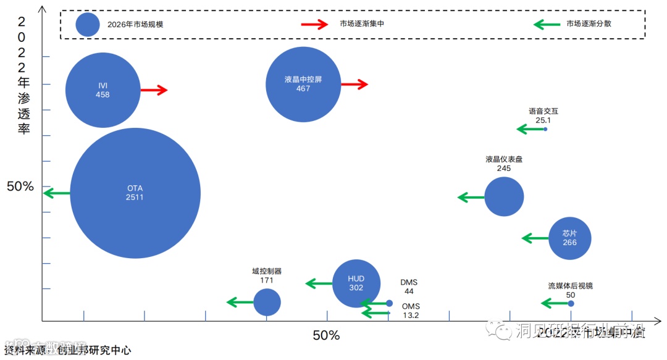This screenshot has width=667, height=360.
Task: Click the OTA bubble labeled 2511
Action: tap(135, 193)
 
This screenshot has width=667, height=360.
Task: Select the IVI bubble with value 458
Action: tap(103, 90)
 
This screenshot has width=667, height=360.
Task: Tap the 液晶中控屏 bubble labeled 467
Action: tap(303, 84)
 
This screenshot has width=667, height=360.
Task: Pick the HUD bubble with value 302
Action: tap(356, 283)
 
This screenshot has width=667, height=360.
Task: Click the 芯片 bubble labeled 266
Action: tap(569, 238)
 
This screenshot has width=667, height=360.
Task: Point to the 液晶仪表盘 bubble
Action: tap(504, 197)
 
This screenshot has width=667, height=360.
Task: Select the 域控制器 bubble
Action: tap(267, 302)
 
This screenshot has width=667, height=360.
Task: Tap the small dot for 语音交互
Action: tap(545, 128)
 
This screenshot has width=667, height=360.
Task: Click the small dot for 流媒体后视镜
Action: tap(571, 303)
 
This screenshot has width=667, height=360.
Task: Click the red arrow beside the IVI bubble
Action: tap(154, 90)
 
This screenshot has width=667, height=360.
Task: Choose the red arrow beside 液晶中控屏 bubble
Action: tap(354, 84)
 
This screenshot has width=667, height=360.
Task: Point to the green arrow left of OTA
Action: tap(57, 193)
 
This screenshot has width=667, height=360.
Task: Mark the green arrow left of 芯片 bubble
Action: tap(535, 238)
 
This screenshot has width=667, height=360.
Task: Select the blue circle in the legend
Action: tap(88, 25)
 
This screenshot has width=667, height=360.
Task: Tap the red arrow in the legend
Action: tap(314, 24)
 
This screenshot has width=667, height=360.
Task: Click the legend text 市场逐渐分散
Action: tap(589, 24)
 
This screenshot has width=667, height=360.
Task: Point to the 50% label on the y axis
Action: tap(20, 186)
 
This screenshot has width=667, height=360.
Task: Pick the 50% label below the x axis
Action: tap(326, 335)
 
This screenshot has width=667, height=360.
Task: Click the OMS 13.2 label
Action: tap(411, 311)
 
